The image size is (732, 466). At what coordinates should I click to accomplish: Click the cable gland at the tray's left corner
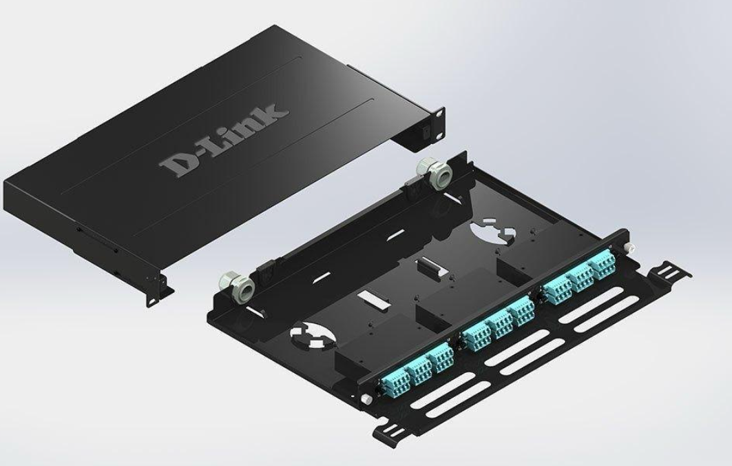(x=237, y=286)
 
